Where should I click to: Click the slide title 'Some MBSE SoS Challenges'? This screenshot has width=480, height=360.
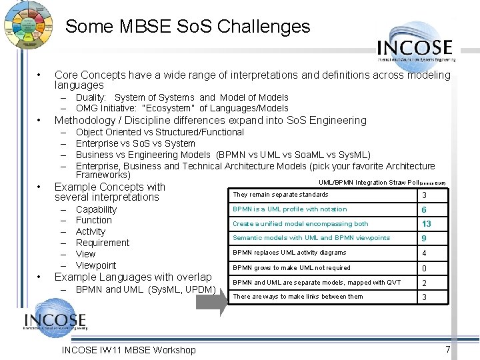coord(187,27)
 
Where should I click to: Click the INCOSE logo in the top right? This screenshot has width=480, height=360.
coord(415,48)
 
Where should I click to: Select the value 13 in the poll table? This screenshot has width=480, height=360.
coord(427,224)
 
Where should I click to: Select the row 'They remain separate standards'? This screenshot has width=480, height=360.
coord(280,195)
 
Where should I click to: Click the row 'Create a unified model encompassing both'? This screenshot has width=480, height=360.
coord(300,224)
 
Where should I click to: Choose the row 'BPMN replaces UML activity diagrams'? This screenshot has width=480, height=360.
coord(289,253)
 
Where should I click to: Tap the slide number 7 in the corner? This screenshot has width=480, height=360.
coord(448,349)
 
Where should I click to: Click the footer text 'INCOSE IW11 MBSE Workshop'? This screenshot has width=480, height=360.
coord(128,350)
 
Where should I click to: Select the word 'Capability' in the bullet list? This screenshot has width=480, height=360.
coord(96,209)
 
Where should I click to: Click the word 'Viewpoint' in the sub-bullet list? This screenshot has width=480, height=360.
coord(96,265)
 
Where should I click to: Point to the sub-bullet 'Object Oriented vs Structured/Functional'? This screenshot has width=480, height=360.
coord(160,132)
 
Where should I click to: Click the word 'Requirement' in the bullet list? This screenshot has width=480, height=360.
coord(103,243)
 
